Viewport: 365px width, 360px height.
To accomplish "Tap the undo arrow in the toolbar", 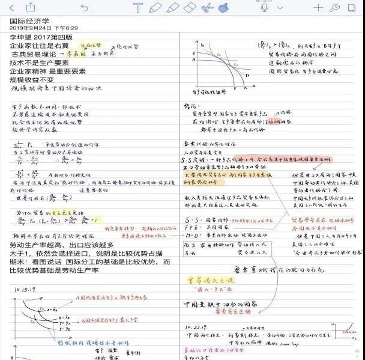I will point(84,8).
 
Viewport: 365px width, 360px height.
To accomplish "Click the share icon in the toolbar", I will point(30,7).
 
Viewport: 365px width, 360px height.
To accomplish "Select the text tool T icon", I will point(139,8).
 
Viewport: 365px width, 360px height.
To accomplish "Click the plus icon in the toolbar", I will point(318,8).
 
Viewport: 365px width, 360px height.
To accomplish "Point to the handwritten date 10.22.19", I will point(198,328).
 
